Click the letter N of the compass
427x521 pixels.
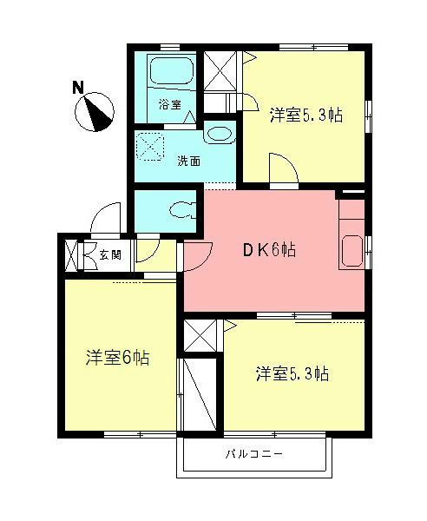tap(78, 87)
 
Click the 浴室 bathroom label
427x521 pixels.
tap(169, 105)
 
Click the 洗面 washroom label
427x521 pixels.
tap(188, 161)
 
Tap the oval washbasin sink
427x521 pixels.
tap(220, 135)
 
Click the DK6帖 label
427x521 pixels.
tap(268, 251)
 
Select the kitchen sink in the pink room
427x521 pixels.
tap(353, 250)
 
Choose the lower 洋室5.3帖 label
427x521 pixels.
tap(291, 373)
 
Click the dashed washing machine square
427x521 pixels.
tap(154, 145)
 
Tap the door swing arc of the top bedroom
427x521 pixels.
tap(281, 167)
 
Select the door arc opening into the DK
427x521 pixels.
tap(198, 254)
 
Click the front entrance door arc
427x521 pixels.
tap(105, 218)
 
